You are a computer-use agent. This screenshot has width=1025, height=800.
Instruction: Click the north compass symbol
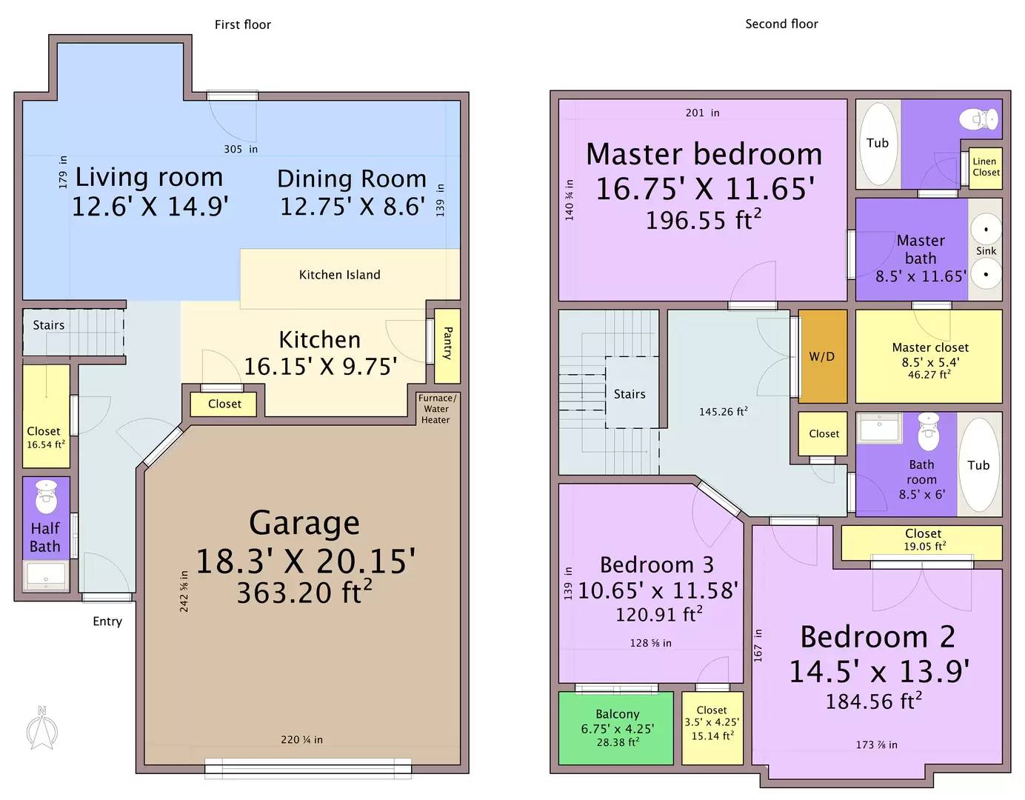click(42, 730)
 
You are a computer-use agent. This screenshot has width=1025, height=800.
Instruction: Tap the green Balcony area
click(616, 727)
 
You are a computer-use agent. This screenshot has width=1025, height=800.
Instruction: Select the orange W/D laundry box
click(822, 356)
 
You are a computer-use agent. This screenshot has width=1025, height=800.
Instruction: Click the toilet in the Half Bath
click(47, 497)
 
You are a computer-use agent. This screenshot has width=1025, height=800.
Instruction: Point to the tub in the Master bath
click(878, 144)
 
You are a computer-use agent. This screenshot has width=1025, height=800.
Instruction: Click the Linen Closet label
click(985, 167)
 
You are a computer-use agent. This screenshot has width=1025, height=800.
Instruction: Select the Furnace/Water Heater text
click(436, 409)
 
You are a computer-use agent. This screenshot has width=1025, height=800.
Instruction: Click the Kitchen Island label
click(339, 275)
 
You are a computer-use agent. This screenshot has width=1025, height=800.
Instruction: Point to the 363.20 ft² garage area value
click(304, 593)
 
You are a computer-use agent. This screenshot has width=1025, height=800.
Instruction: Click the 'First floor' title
click(242, 24)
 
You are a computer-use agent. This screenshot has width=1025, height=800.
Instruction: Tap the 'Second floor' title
click(781, 24)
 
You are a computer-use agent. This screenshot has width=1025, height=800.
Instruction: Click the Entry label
click(107, 621)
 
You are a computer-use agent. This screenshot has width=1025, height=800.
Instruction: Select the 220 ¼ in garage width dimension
click(301, 739)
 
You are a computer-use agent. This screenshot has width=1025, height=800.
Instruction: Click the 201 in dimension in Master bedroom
click(702, 113)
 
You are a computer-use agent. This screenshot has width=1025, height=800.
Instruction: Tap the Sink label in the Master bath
click(986, 251)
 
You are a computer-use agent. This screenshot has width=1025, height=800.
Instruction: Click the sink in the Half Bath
click(46, 576)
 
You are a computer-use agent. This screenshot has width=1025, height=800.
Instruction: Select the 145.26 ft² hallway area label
click(723, 411)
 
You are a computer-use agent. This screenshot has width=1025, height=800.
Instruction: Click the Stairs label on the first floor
click(49, 325)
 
